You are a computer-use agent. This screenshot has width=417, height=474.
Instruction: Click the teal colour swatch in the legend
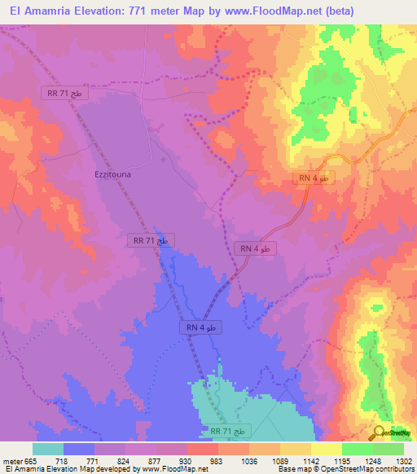tap(48, 449)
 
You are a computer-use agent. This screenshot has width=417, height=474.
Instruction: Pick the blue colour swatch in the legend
tap(79, 449)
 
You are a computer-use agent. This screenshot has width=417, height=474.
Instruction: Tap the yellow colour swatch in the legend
tap(326, 449)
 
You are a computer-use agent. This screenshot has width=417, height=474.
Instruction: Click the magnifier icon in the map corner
tap(380, 432)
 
